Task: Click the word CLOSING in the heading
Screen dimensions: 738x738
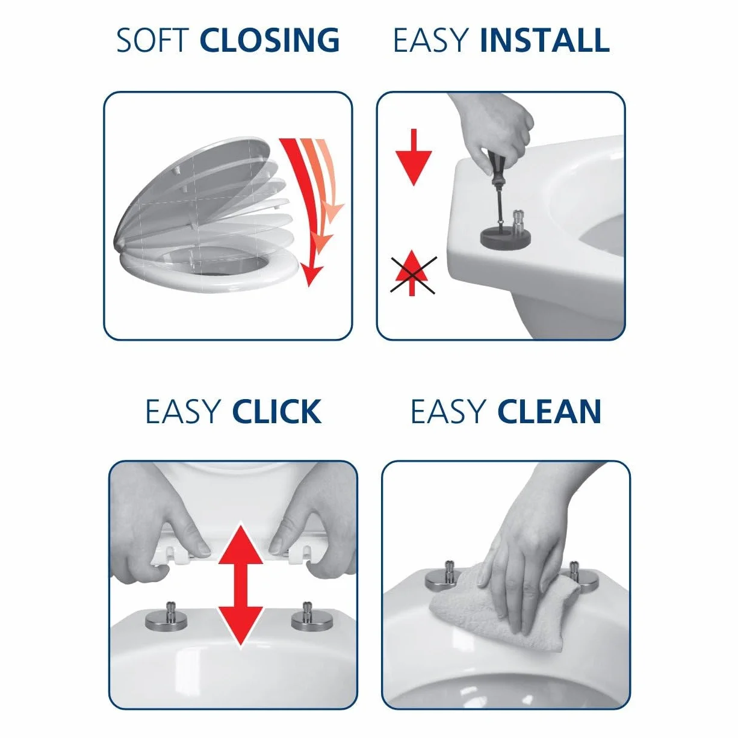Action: pos(270,40)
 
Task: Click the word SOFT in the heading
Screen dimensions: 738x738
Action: pos(152,40)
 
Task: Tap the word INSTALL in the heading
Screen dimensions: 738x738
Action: pos(544,40)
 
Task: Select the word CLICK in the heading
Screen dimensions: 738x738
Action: pos(277,412)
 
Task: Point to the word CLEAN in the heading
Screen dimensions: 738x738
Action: pos(549,412)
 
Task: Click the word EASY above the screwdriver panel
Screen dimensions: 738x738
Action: pos(431,40)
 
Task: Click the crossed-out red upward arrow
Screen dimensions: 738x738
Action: pos(412,273)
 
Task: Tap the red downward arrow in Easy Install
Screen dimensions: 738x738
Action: pos(414,157)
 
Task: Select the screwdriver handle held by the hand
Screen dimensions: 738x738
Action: pos(494,161)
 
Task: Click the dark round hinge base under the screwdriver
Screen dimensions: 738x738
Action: pos(506,237)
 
